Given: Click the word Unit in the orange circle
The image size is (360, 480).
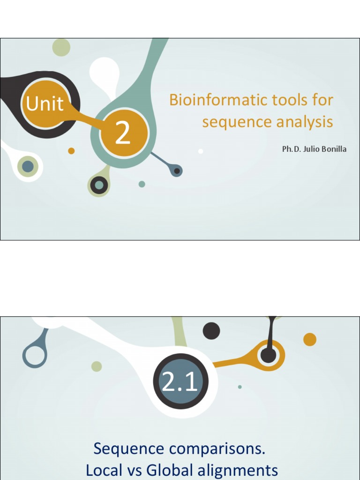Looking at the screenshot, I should coord(45,104).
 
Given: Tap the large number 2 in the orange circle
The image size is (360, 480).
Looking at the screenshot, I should coord(123,134).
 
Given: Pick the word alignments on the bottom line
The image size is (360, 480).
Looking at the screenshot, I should coord(239,470).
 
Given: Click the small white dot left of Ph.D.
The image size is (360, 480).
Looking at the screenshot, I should coord(201,151).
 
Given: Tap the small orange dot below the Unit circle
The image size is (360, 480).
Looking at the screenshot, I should coord(71,151).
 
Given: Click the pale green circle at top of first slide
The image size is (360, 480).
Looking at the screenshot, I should coord(61,47).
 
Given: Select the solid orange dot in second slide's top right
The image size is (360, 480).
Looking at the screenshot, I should coord(309,339).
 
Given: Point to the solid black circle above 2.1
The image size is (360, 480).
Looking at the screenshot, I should coord(211,331).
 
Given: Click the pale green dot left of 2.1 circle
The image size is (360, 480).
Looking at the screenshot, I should coord(97,366).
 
